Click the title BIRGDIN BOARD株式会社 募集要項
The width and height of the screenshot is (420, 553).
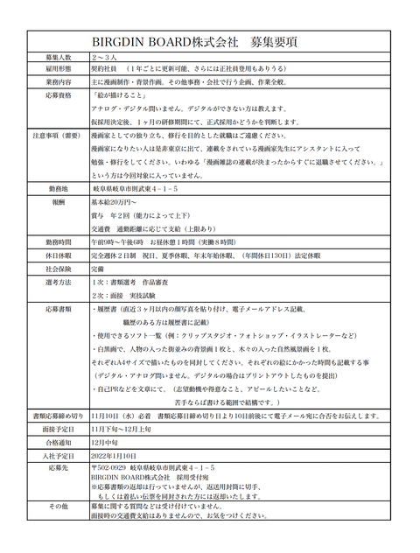pos(207,41)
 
